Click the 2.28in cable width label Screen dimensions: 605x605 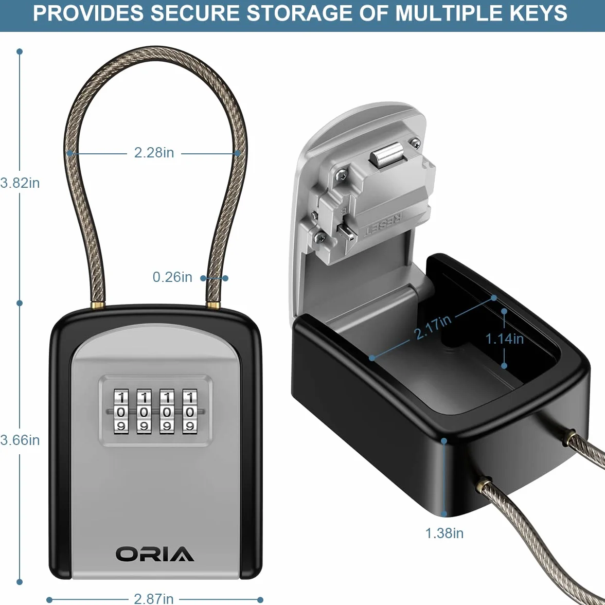coord(154,153)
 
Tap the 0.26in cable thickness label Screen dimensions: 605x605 coord(172,277)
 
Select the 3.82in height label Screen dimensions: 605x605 coord(20,183)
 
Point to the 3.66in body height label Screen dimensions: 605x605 coord(20,440)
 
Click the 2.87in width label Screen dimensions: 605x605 coord(153,598)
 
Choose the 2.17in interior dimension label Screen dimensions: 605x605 coord(433,327)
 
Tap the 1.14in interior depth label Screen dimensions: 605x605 coord(504,339)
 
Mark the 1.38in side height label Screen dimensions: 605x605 coord(444,533)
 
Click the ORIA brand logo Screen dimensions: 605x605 coord(155,554)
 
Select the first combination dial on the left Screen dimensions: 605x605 coord(121,410)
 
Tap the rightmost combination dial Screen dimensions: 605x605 coord(189,410)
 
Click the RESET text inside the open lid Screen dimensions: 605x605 coord(384,223)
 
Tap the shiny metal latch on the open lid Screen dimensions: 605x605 coord(387,155)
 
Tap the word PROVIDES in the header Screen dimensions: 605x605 coord(88,13)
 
